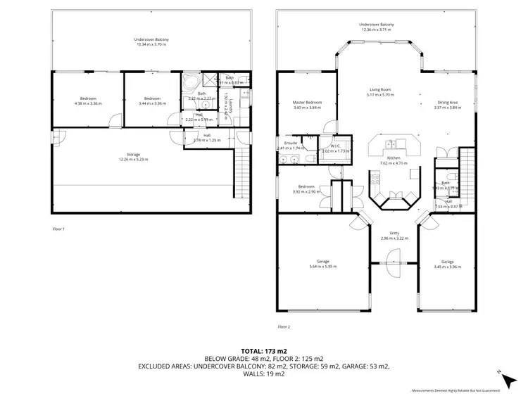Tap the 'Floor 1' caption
coord(58,229)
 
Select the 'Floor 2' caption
coord(284,326)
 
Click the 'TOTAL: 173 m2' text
coord(263,350)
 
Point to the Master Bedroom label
coord(307,103)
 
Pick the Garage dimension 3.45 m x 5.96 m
coord(447,267)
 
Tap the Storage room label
coord(133,154)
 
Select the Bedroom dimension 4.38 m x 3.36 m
coord(88,103)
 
